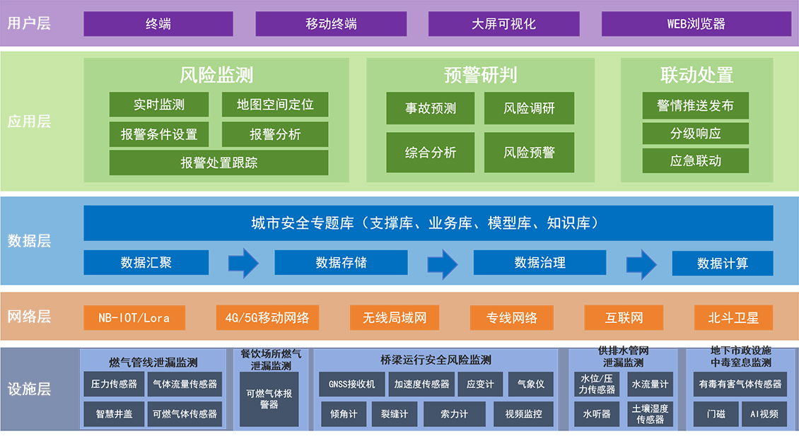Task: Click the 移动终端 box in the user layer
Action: [x=331, y=24]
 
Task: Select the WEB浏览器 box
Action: [x=696, y=24]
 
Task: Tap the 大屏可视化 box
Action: [x=503, y=24]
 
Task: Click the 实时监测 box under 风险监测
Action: [x=159, y=105]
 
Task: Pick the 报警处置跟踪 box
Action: [x=218, y=163]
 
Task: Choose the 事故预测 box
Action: [x=430, y=108]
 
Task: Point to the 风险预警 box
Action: [x=529, y=152]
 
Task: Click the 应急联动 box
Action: [x=695, y=160]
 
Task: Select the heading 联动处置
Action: [x=696, y=75]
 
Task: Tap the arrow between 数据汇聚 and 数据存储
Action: [x=243, y=263]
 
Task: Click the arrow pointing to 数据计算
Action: [x=641, y=264]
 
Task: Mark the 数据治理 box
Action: [x=540, y=263]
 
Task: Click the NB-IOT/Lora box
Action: [x=134, y=318]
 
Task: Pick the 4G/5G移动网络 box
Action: [x=267, y=318]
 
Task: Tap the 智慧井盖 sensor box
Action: [x=114, y=414]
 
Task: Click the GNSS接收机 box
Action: [x=351, y=384]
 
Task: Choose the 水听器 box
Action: [x=596, y=414]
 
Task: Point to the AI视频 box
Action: [x=764, y=414]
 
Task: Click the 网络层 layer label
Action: [x=29, y=317]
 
